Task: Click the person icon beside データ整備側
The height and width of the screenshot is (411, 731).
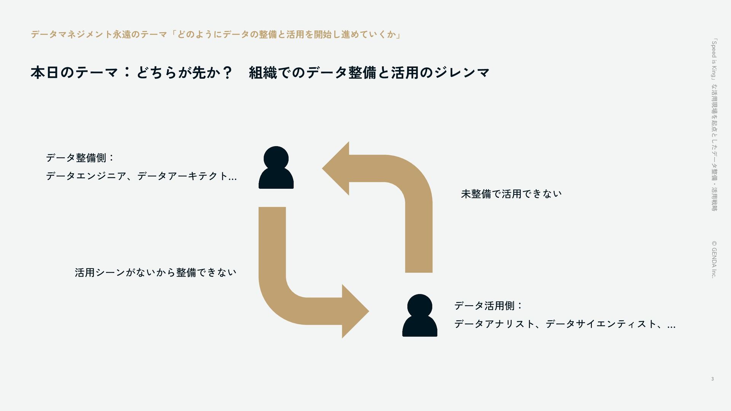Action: (x=276, y=168)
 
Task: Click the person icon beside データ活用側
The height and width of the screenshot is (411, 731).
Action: (x=420, y=316)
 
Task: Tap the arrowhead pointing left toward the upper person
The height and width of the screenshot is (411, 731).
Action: (x=337, y=168)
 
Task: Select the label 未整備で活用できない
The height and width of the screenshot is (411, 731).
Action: (x=511, y=194)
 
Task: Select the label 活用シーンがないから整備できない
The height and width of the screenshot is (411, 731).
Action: (x=155, y=272)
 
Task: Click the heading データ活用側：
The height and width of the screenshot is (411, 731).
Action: (x=488, y=306)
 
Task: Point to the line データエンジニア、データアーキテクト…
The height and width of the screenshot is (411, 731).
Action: (x=141, y=176)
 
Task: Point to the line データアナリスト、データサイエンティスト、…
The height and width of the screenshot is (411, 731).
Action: (x=565, y=324)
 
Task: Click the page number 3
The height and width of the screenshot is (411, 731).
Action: (x=712, y=379)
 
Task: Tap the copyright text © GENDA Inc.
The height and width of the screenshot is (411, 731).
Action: (x=714, y=259)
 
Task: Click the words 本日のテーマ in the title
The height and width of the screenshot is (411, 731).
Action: (x=74, y=72)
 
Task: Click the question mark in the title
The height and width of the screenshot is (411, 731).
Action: (x=227, y=72)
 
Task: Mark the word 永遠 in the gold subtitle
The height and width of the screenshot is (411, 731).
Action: (x=122, y=35)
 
